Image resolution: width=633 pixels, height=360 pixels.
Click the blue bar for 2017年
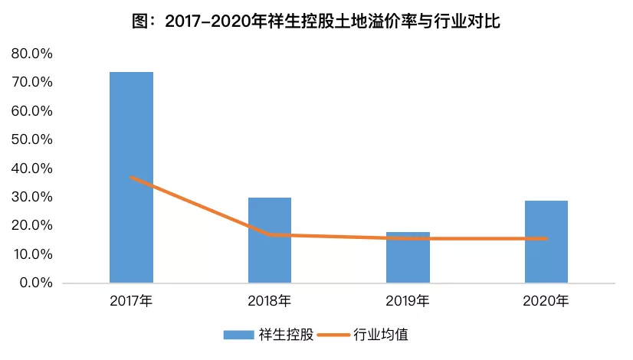[x=131, y=177]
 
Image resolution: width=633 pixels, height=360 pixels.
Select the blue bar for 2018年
[x=270, y=241]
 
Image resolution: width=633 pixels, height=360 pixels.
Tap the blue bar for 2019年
[x=408, y=257]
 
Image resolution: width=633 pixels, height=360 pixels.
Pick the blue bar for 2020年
[x=546, y=242]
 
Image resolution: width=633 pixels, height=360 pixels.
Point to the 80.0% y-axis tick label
[x=32, y=54]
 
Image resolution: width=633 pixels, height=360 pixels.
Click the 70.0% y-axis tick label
[x=32, y=82]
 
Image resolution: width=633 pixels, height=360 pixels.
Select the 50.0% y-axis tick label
[x=32, y=139]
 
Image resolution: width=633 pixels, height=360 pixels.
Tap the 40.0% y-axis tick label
[x=32, y=168]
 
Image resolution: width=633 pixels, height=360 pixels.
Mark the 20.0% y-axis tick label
[x=32, y=225]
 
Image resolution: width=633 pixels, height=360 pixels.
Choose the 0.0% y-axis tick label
[x=36, y=283]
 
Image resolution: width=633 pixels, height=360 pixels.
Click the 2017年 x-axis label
[x=131, y=301]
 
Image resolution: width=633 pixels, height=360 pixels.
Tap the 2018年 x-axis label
[x=269, y=301]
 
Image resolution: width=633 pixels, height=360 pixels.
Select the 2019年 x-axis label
[x=408, y=301]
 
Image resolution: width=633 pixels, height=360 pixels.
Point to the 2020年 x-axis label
[x=546, y=301]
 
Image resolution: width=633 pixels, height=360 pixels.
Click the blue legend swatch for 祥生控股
[x=238, y=335]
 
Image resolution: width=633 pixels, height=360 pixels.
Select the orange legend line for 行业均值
[x=333, y=335]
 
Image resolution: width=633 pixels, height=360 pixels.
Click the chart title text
[x=316, y=21]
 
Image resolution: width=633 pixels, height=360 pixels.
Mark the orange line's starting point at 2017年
[x=131, y=177]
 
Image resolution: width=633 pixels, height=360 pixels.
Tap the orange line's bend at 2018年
[x=270, y=234]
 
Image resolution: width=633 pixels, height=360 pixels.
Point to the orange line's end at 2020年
[x=546, y=238]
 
